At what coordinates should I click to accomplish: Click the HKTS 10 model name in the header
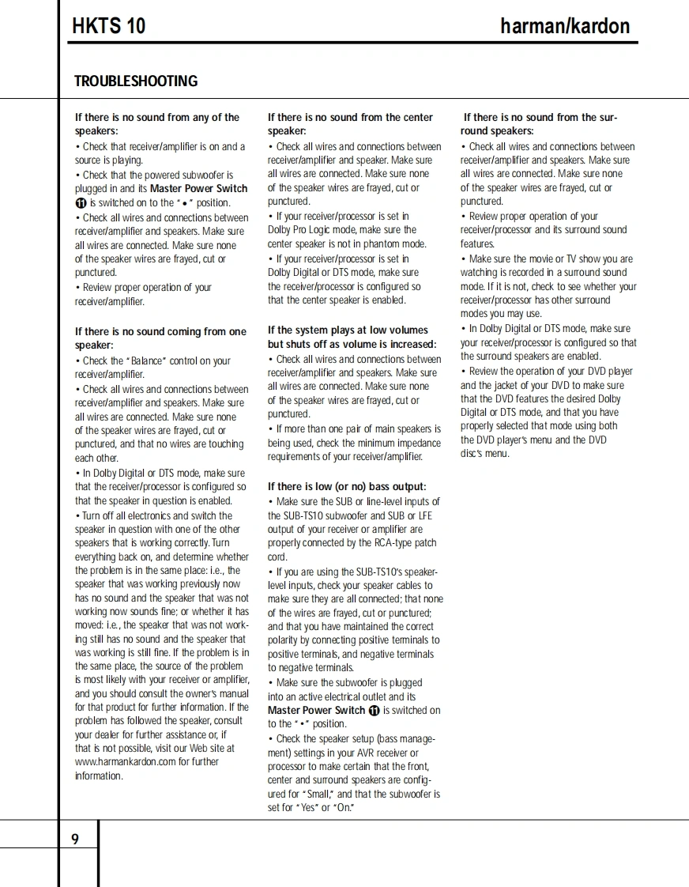108,26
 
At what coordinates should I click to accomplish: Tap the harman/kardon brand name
565,26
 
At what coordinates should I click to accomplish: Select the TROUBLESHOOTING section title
136,81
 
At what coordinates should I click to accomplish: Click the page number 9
75,840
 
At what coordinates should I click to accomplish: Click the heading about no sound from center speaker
350,124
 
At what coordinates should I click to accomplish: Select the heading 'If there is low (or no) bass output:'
347,487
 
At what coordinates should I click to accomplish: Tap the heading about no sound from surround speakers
540,124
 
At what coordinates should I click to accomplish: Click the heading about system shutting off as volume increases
352,338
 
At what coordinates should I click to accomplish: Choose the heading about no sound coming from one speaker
160,338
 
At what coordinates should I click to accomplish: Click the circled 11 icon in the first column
81,203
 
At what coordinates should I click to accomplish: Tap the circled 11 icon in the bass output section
375,711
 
